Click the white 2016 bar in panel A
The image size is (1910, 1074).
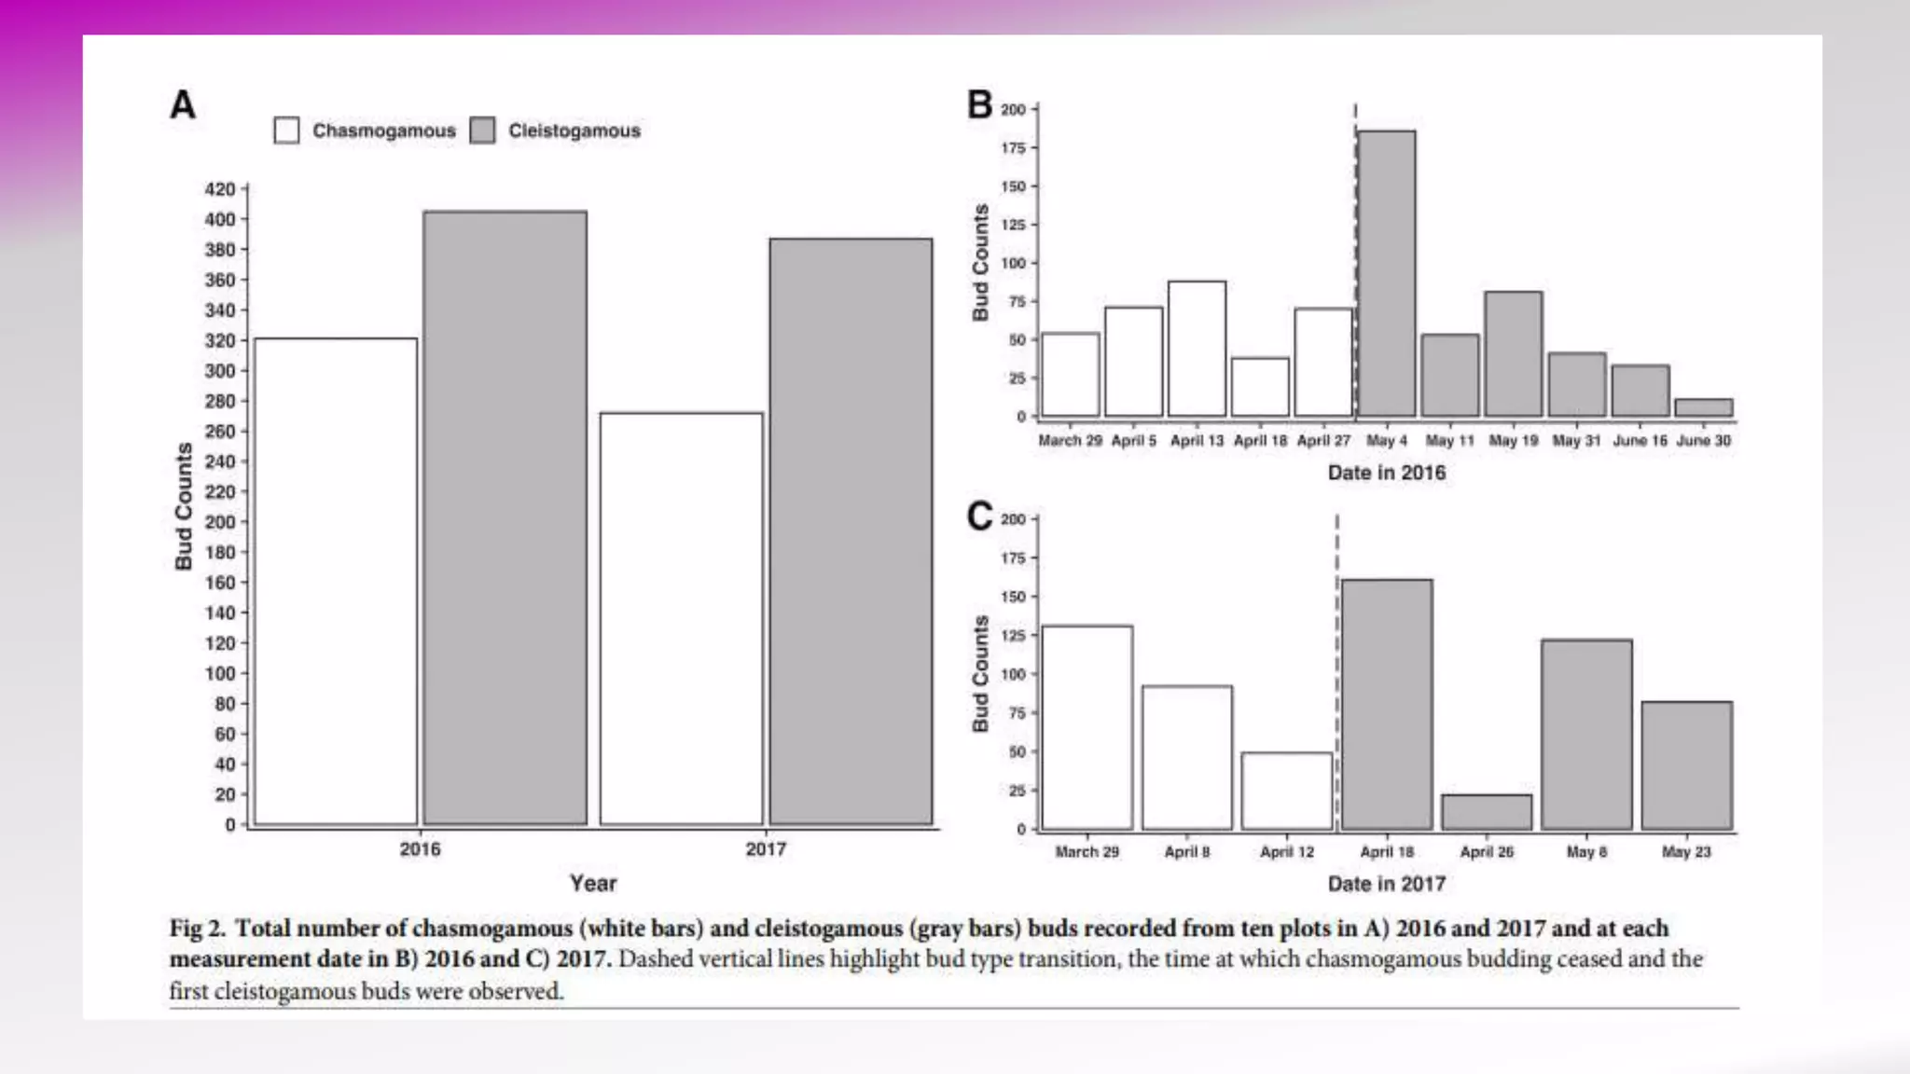[x=336, y=582]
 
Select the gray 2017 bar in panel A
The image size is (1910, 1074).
[x=851, y=531]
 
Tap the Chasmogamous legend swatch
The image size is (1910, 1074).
[x=287, y=131]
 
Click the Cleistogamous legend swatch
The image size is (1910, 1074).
[x=482, y=131]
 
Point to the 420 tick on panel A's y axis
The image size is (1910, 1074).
[x=220, y=189]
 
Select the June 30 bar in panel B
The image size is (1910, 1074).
[x=1704, y=407]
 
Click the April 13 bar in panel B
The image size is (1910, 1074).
[x=1197, y=349]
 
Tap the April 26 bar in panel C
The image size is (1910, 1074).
[x=1487, y=812]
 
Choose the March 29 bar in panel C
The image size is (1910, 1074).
[x=1087, y=727]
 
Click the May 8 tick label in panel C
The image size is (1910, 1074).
[x=1586, y=851]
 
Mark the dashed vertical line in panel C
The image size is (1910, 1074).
[x=1336, y=671]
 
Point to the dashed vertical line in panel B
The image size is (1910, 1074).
[x=1355, y=261]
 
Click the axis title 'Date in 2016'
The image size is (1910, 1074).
[x=1386, y=473]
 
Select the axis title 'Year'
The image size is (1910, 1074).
[x=593, y=883]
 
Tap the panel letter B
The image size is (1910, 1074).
[x=979, y=104]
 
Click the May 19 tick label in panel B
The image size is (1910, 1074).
[x=1513, y=440]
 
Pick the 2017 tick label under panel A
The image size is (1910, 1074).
[x=766, y=849]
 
